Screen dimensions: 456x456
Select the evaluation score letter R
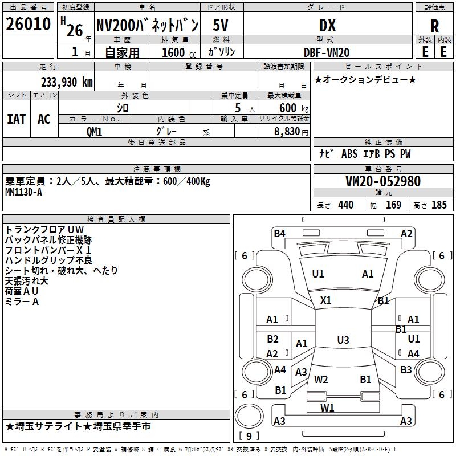coord(434,26)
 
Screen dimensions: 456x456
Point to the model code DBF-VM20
coord(327,52)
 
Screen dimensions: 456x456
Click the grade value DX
coord(327,25)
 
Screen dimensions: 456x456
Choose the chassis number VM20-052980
coord(383,181)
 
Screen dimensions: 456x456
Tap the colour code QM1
coord(94,131)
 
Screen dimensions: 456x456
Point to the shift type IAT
coord(17,119)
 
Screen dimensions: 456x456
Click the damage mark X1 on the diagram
coord(326,300)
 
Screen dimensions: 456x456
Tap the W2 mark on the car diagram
coord(321,379)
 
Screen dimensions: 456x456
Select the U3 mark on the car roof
coord(343,340)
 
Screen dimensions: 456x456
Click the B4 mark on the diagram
coord(279,233)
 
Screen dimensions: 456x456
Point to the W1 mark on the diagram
coord(327,408)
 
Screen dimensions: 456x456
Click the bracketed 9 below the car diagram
coord(250,436)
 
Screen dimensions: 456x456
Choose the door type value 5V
coord(221,25)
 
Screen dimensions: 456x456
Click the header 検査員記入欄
coord(116,219)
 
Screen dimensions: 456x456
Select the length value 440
coord(345,205)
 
